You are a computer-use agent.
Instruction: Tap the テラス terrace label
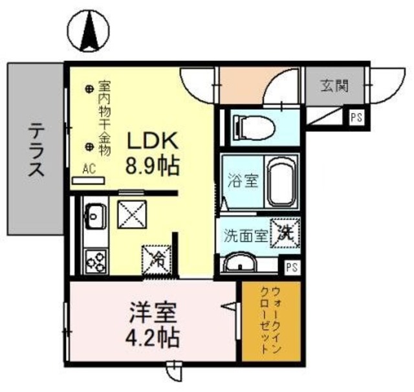36,151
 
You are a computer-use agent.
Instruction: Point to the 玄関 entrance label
334,85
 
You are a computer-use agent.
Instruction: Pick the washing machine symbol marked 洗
285,234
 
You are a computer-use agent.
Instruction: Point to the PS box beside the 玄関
356,117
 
